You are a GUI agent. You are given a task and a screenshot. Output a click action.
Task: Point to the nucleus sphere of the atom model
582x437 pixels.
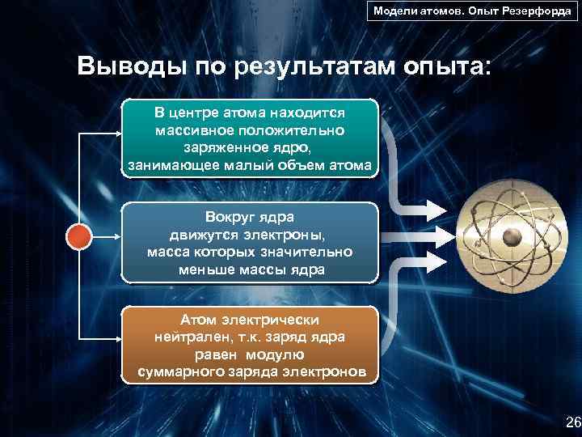(512, 236)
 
